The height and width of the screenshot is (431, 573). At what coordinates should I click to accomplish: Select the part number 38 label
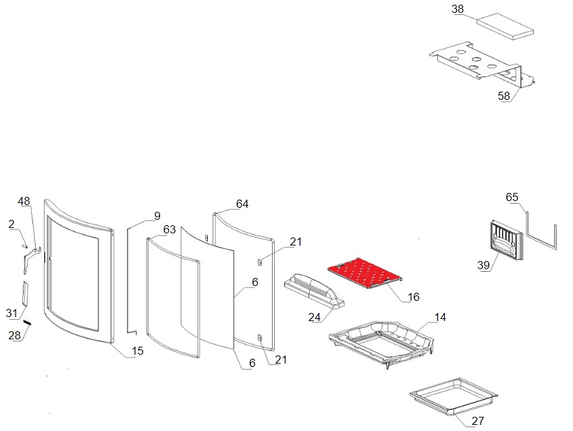pos(458,9)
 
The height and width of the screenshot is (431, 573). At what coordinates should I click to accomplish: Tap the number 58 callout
pos(504,96)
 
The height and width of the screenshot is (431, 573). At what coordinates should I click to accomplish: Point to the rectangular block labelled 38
pos(505,25)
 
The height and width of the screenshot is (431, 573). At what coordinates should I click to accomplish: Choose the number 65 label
pos(512,198)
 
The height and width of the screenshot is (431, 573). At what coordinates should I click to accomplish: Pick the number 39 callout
pos(483,266)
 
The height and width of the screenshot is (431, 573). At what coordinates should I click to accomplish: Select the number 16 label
pos(414,296)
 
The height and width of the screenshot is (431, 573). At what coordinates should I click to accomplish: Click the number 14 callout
pos(440,317)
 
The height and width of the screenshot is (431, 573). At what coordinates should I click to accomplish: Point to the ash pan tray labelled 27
pos(452,397)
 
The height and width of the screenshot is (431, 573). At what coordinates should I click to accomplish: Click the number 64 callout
pos(242,204)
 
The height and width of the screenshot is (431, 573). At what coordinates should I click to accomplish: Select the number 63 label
pos(169,230)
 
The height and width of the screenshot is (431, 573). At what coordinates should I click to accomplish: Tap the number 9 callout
pos(157,216)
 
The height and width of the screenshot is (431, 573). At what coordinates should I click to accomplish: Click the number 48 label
pos(24,202)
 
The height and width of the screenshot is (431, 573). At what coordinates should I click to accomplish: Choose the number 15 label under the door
pos(137,351)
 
